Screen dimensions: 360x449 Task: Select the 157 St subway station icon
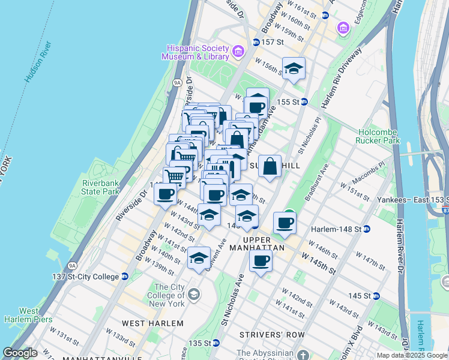click(x=256, y=42)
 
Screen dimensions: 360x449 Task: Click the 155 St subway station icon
click(x=304, y=102)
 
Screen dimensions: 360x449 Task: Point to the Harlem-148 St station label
click(x=336, y=229)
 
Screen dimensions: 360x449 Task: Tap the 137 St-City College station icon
click(x=125, y=277)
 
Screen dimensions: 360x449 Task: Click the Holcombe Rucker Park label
click(x=378, y=136)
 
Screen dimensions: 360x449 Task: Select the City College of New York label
click(x=169, y=295)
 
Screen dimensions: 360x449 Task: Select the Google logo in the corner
click(x=20, y=353)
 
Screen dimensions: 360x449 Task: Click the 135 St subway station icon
click(x=215, y=343)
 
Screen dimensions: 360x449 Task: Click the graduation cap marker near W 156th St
click(x=294, y=68)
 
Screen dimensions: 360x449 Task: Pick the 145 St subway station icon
click(x=376, y=296)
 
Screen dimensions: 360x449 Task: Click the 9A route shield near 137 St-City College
click(x=73, y=264)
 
